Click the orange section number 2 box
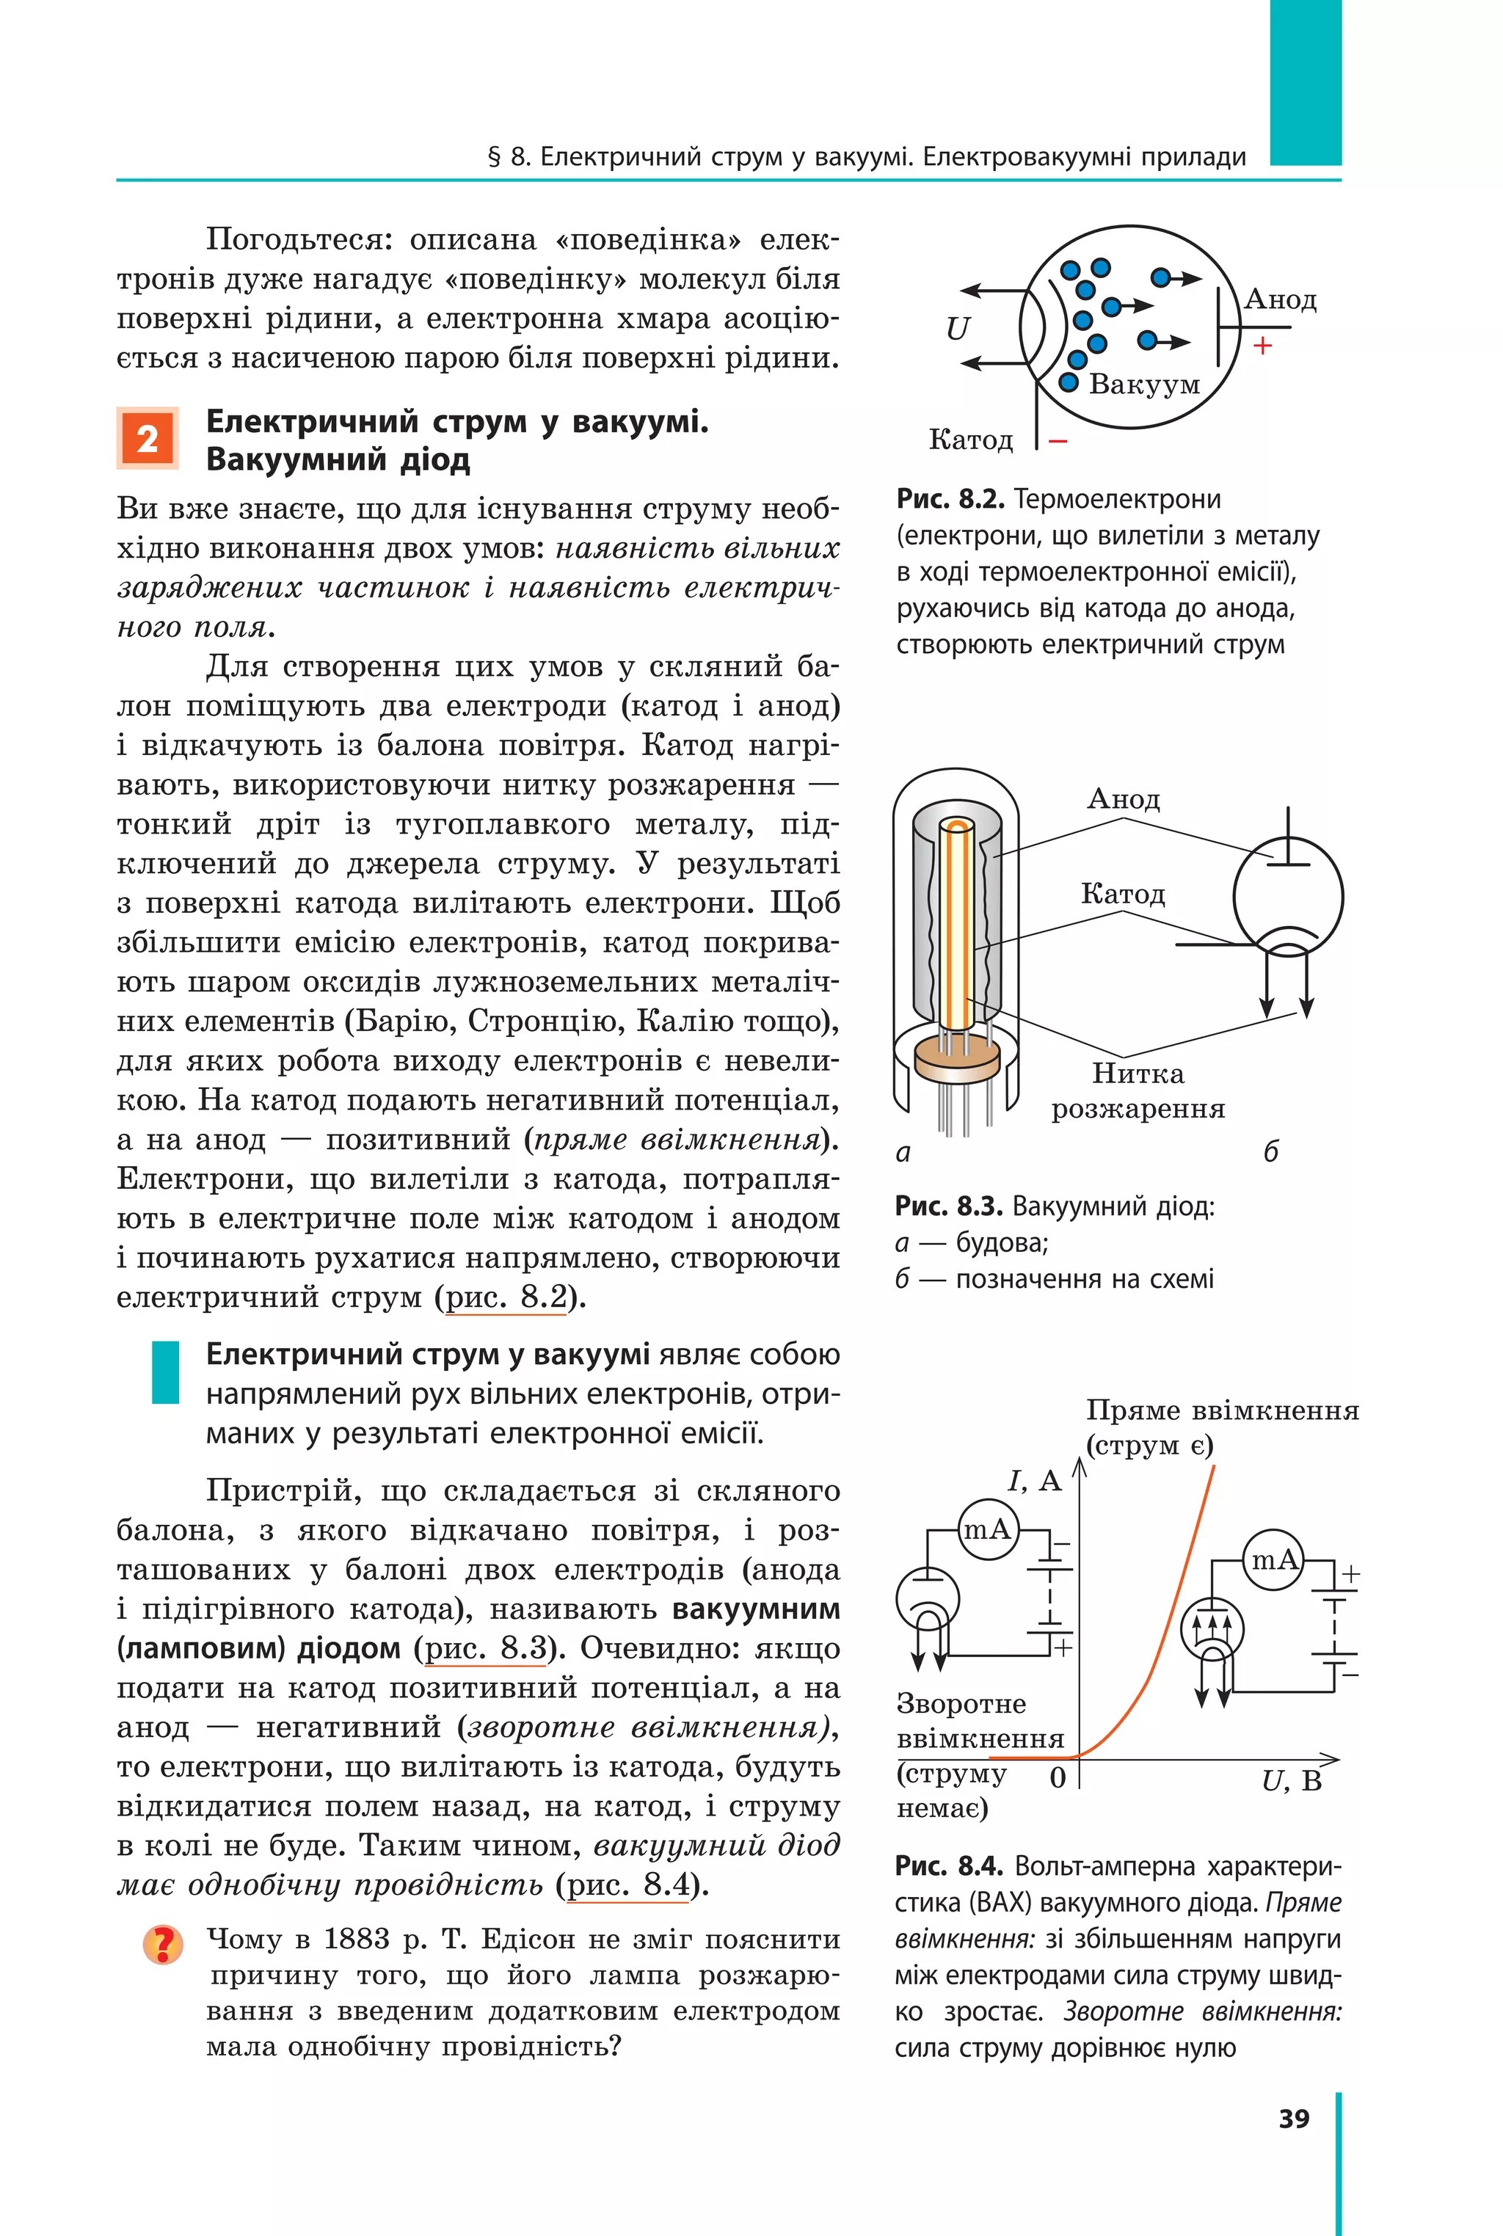coord(147,439)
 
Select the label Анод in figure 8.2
coord(1281,300)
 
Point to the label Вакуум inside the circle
coord(1143,385)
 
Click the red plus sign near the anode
coord(1262,346)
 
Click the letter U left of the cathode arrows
coord(958,329)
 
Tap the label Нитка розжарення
coord(1138,1090)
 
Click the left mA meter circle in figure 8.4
coord(987,1529)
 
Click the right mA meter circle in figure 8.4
coord(1273,1560)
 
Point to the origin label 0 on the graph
coord(1058,1778)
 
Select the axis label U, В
coord(1291,1782)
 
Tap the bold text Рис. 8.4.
coord(948,1866)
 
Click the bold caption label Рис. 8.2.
coord(949,499)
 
